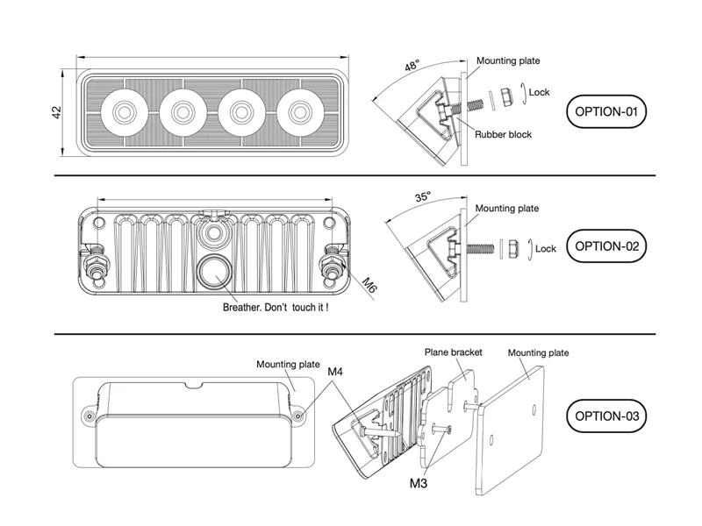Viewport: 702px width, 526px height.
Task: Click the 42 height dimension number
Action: pos(56,113)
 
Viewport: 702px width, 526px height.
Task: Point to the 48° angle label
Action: pos(412,66)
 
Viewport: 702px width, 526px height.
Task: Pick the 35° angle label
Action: pos(423,198)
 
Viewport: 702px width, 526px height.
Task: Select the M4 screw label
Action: pos(335,372)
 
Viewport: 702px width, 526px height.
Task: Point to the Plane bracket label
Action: pos(454,352)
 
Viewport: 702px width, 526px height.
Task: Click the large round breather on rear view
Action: pos(213,273)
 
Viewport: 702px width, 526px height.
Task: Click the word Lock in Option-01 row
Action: pos(540,92)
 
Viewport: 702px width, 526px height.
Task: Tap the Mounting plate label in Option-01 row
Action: pos(508,61)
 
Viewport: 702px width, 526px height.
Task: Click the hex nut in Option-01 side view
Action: pos(506,95)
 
